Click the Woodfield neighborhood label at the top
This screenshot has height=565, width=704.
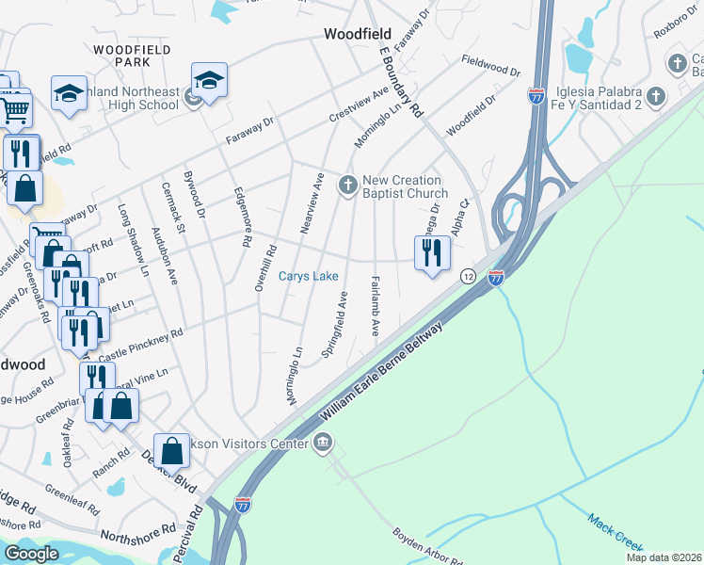tap(358, 33)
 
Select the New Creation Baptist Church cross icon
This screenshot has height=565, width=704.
tap(348, 185)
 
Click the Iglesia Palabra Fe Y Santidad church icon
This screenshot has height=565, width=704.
tap(657, 96)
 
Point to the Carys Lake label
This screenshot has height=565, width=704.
tap(308, 277)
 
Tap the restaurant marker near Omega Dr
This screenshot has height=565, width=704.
tap(433, 253)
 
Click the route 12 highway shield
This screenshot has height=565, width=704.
tap(468, 277)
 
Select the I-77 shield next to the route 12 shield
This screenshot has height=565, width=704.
tap(496, 277)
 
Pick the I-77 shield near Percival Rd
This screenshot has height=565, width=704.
tap(244, 505)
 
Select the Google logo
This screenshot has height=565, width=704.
tap(31, 554)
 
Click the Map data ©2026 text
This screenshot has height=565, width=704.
tap(664, 557)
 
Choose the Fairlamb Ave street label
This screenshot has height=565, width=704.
tap(375, 307)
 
